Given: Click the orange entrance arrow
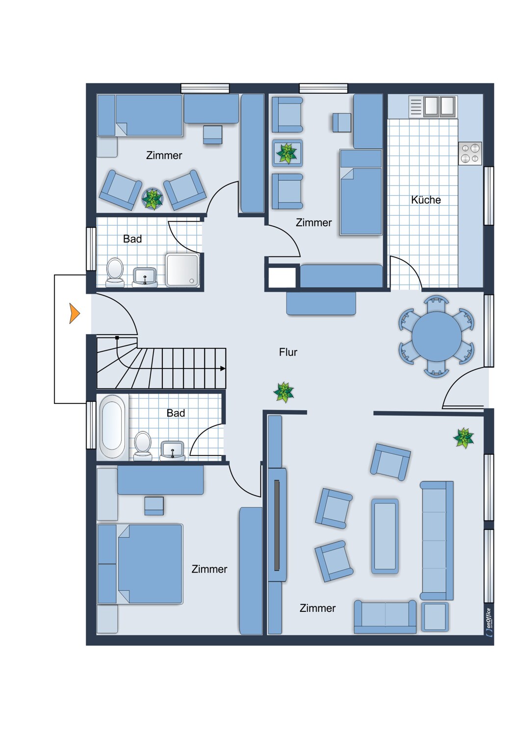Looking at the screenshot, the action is pyautogui.click(x=74, y=314).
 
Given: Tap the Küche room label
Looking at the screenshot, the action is pyautogui.click(x=426, y=200).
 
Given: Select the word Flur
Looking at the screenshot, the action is pyautogui.click(x=288, y=352).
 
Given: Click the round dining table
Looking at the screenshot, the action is pyautogui.click(x=436, y=336).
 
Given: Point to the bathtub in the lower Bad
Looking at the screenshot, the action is pyautogui.click(x=112, y=427).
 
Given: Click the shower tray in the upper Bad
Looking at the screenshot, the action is pyautogui.click(x=182, y=270).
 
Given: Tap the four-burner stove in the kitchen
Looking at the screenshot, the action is pyautogui.click(x=470, y=154).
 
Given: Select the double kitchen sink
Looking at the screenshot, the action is pyautogui.click(x=433, y=107).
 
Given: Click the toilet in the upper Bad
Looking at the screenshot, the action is pyautogui.click(x=115, y=272).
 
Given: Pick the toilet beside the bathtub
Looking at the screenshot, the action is pyautogui.click(x=143, y=446).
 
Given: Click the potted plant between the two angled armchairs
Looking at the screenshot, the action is pyautogui.click(x=153, y=199).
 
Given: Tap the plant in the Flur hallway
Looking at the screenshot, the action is pyautogui.click(x=284, y=392).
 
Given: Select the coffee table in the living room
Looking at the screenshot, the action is pyautogui.click(x=385, y=536).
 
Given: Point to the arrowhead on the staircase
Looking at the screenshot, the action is pyautogui.click(x=223, y=368).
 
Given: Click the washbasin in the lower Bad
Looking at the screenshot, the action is pyautogui.click(x=172, y=451).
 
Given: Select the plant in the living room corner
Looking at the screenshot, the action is pyautogui.click(x=464, y=438).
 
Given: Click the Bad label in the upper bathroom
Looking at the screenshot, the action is pyautogui.click(x=132, y=239).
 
